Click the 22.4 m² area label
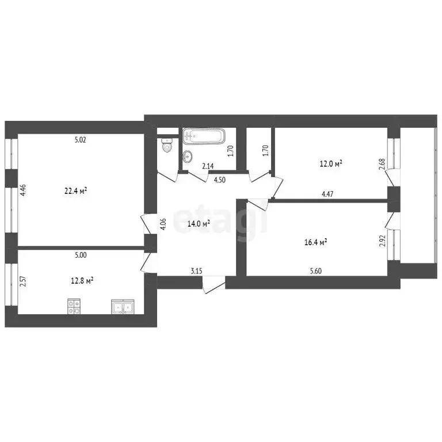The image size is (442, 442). pyautogui.click(x=75, y=191)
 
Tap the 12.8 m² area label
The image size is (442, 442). pyautogui.click(x=82, y=281)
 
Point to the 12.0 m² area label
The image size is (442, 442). pyautogui.click(x=331, y=163)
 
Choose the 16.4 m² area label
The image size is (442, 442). pyautogui.click(x=316, y=243)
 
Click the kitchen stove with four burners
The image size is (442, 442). pyautogui.click(x=74, y=306)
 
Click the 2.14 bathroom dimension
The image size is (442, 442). pyautogui.click(x=207, y=166)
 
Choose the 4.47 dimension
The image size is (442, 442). pyautogui.click(x=326, y=195)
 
